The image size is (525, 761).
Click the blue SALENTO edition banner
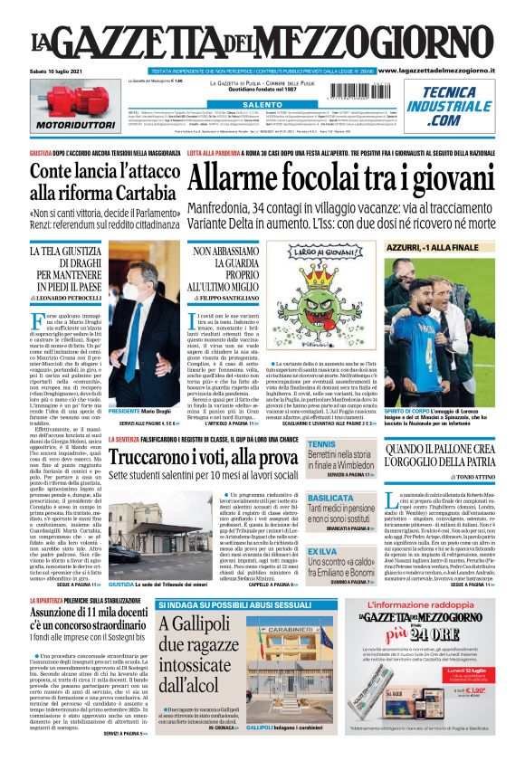262,105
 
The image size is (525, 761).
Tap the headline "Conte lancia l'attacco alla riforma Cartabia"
101,180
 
